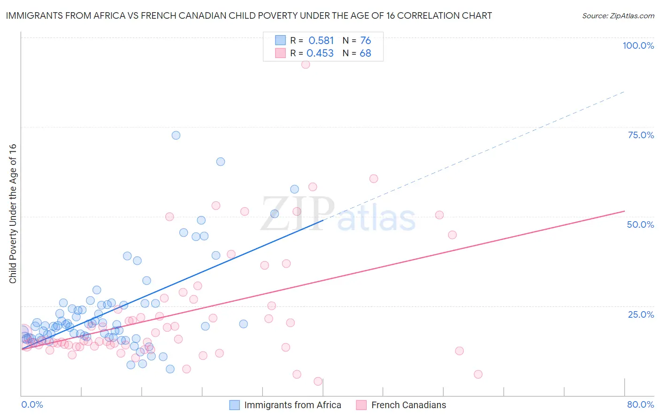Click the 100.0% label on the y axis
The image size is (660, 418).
pyautogui.click(x=638, y=45)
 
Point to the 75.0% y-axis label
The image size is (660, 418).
pyautogui.click(x=641, y=135)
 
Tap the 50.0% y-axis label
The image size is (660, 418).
pyautogui.click(x=640, y=224)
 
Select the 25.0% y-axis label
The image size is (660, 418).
pyautogui.click(x=641, y=314)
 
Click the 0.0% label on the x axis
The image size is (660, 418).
pyautogui.click(x=32, y=404)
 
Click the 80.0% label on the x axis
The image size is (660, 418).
pyautogui.click(x=640, y=404)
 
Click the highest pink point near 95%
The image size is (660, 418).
pyautogui.click(x=306, y=64)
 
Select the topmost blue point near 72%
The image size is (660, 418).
pyautogui.click(x=176, y=135)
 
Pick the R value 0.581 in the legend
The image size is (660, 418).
pyautogui.click(x=321, y=41)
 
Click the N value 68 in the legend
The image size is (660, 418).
pyautogui.click(x=365, y=53)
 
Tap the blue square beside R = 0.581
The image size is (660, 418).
pyautogui.click(x=280, y=40)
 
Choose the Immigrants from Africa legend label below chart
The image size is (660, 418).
pyautogui.click(x=292, y=405)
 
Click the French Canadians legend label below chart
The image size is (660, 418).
pyautogui.click(x=408, y=405)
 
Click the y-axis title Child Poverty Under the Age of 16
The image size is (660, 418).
pyautogui.click(x=13, y=213)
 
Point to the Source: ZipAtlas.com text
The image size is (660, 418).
pyautogui.click(x=618, y=16)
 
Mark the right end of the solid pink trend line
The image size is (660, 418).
pyautogui.click(x=624, y=211)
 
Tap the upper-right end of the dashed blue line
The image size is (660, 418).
pyautogui.click(x=624, y=91)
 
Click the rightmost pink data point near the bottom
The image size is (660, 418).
pyautogui.click(x=478, y=374)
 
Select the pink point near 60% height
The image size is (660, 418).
pyautogui.click(x=374, y=179)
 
